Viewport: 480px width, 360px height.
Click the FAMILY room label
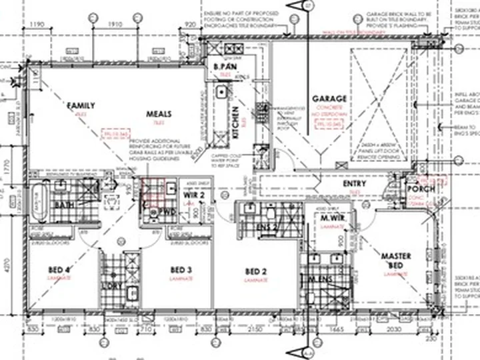(x=81, y=105)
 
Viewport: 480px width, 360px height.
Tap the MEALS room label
(x=159, y=114)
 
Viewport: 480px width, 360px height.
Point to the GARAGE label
(x=329, y=99)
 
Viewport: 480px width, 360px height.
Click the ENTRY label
(x=354, y=184)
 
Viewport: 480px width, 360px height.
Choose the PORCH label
(x=421, y=189)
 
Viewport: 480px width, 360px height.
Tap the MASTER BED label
(x=395, y=260)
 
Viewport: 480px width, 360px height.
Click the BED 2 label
(x=255, y=271)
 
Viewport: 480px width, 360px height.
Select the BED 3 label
(x=181, y=269)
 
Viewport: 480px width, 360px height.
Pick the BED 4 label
(x=59, y=269)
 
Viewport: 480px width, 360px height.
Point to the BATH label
(x=65, y=205)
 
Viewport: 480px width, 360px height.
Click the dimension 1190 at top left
(x=37, y=25)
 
